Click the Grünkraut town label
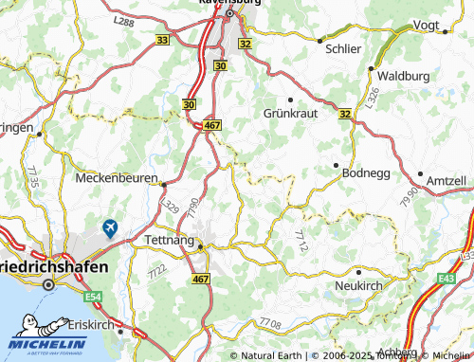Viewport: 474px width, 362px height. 289,113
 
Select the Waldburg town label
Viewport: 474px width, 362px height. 403,75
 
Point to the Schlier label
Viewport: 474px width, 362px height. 342,46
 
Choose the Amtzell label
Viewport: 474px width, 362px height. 446,180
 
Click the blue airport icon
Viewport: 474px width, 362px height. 111,228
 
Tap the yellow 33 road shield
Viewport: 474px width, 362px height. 163,40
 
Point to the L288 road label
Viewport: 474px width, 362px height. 122,19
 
